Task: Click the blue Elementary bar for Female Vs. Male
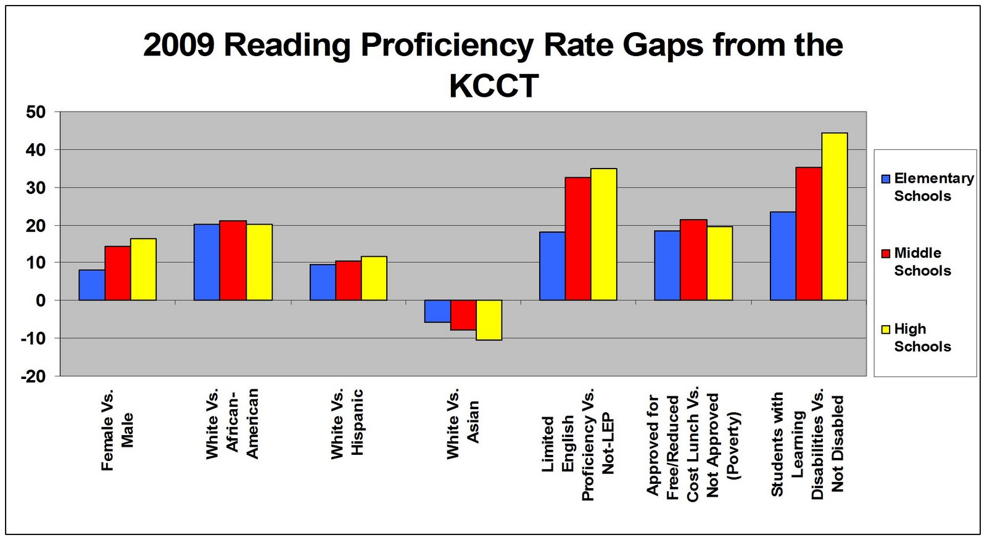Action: pos(92,285)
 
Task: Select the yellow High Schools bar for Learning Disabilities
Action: pos(835,217)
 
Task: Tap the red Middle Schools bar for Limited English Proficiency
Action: pos(578,239)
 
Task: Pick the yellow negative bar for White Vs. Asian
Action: pos(489,320)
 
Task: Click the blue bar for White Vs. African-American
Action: pos(207,262)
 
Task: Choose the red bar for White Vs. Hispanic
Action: pos(349,281)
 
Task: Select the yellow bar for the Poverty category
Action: pos(720,264)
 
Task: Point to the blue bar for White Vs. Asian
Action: pos(437,311)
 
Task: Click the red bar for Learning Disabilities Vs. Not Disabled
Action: pos(809,234)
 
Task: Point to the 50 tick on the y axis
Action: pos(36,112)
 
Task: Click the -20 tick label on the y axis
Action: pos(33,376)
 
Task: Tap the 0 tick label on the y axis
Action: pos(41,301)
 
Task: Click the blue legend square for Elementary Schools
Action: pos(886,179)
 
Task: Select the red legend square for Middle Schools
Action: pos(886,254)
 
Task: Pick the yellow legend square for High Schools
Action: pos(886,330)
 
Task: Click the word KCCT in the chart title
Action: pos(494,86)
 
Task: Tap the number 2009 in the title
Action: pos(178,45)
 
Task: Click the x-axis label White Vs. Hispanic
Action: pos(347,424)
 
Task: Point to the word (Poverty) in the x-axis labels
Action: pos(733,445)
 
